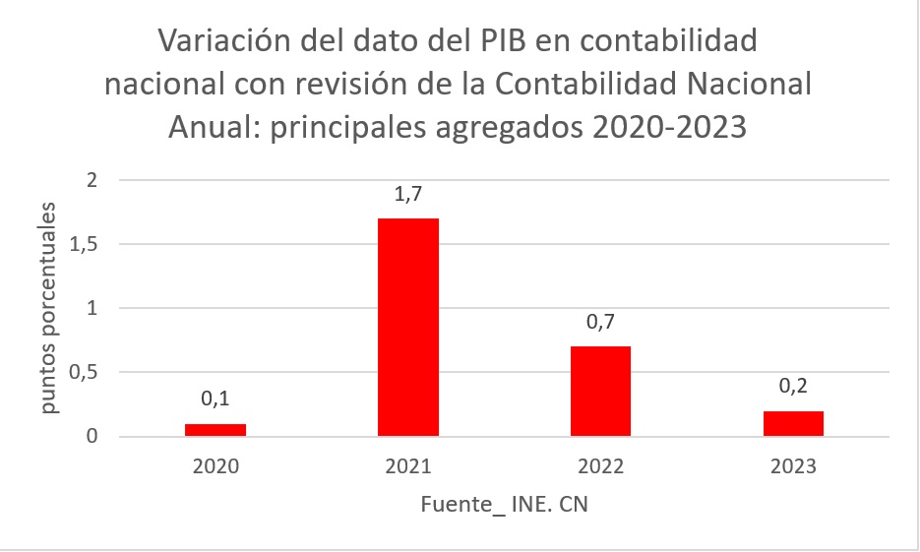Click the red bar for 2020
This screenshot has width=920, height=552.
point(215,430)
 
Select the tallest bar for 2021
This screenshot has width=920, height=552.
point(407,327)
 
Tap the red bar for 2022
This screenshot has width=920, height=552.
point(600,391)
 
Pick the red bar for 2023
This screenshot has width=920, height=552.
point(792,424)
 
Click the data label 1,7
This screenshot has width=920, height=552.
point(407,196)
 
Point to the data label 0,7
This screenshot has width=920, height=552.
point(600,324)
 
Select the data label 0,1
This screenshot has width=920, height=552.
point(215,400)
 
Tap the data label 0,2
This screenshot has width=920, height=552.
point(792,388)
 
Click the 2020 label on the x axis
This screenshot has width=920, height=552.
point(215,465)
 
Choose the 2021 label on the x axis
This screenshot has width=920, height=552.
point(407,465)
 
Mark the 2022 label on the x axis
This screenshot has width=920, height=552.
point(600,465)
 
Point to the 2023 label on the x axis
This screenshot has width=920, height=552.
point(792,465)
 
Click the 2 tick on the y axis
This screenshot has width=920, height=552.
point(92,180)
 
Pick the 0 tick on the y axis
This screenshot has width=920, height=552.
point(92,437)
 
